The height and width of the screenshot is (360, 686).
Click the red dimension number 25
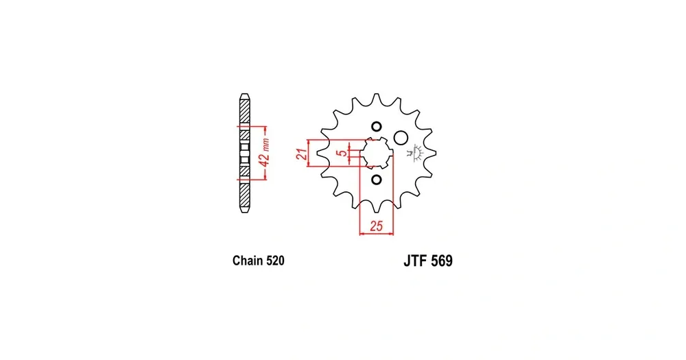click(376, 226)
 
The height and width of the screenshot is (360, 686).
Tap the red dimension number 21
click(301, 154)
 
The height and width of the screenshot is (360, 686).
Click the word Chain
click(247, 261)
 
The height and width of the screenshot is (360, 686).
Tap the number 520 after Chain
click(275, 261)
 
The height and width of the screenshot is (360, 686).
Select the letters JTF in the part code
click(415, 261)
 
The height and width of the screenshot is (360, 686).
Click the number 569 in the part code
click(442, 261)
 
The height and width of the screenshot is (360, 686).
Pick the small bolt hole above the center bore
click(376, 127)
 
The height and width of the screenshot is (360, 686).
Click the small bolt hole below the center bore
click(376, 180)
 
